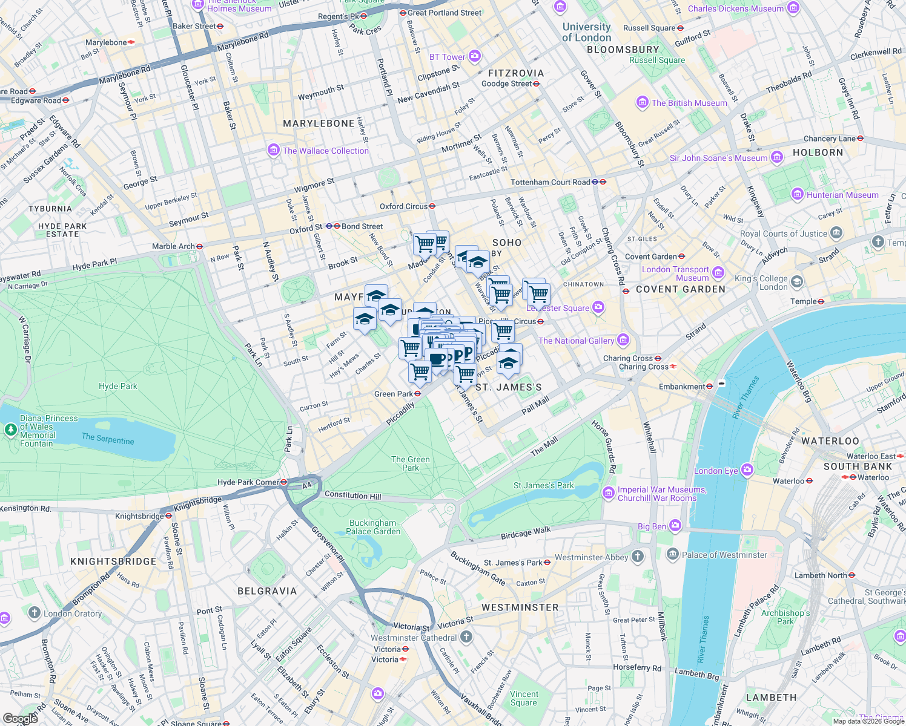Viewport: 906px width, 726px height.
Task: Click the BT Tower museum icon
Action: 475,56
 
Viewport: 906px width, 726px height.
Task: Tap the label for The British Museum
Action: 689,103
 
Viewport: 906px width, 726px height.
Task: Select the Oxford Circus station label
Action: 404,206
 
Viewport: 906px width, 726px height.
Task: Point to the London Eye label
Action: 716,471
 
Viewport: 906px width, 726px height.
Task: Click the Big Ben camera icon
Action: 676,526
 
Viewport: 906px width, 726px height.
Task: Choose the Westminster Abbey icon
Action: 637,557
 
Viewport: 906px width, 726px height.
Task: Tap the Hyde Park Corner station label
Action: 248,482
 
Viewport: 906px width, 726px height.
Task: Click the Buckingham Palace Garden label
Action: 373,527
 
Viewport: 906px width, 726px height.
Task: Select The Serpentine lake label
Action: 108,439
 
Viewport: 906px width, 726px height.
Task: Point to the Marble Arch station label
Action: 173,246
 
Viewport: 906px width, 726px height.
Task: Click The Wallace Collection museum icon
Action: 274,150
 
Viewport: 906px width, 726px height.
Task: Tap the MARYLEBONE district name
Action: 319,123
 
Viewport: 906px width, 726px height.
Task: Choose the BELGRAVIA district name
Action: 267,591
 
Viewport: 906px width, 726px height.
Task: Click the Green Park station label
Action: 394,394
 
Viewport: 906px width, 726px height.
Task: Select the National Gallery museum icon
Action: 623,340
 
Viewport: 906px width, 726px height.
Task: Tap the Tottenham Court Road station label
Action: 551,182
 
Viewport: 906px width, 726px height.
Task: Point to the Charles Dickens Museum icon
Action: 793,8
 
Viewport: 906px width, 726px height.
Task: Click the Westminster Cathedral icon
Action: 466,636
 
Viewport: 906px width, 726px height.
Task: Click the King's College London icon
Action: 797,282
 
